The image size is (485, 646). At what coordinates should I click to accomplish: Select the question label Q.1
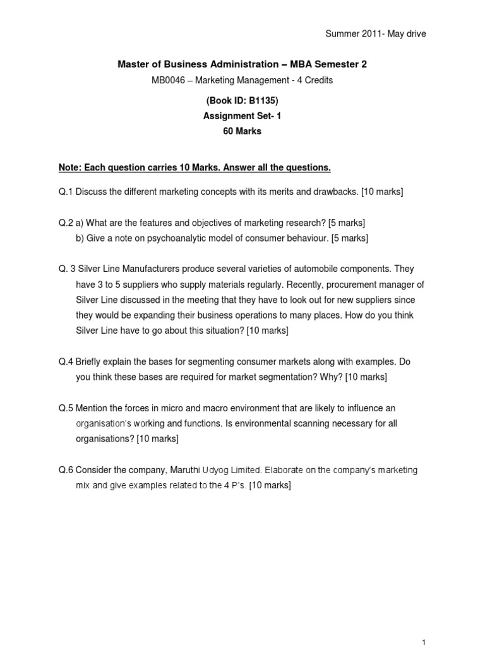(x=66, y=191)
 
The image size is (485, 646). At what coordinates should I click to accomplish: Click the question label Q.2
(x=66, y=223)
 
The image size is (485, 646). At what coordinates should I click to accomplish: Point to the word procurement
(x=331, y=285)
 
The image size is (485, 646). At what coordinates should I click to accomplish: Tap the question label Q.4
(x=66, y=361)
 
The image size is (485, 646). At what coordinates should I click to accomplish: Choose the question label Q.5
(x=66, y=408)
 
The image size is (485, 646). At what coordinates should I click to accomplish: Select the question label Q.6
(x=66, y=470)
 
